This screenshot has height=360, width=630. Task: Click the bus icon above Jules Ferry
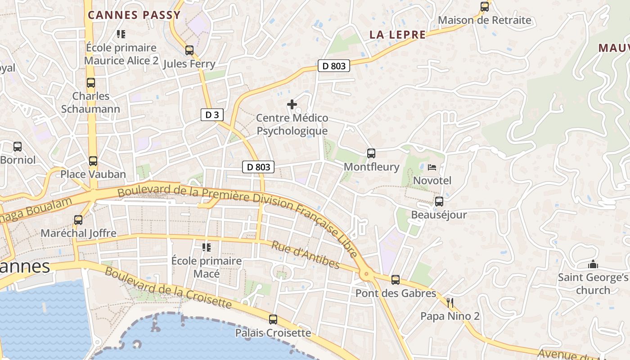click(x=189, y=50)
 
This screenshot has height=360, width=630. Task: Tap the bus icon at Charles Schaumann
click(x=91, y=83)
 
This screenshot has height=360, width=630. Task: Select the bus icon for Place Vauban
click(x=93, y=161)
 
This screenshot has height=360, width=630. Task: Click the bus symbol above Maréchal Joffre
click(x=78, y=220)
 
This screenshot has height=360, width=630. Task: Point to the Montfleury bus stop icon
click(x=371, y=153)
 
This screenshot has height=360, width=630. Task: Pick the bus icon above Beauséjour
click(x=439, y=201)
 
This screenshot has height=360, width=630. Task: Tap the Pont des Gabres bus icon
click(x=396, y=280)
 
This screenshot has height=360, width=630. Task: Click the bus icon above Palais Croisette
click(x=273, y=319)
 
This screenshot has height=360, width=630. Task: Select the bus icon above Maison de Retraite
click(x=485, y=7)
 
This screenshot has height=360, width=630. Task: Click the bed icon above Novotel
click(x=432, y=167)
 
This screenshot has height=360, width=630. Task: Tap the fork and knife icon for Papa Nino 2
click(x=450, y=303)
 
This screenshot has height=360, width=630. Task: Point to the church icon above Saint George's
click(x=593, y=264)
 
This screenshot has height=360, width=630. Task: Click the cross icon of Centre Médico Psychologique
click(x=292, y=105)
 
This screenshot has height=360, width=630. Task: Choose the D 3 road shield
click(x=212, y=115)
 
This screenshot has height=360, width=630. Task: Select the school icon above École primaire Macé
click(x=207, y=247)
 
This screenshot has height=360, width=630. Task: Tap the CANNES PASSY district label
click(x=134, y=15)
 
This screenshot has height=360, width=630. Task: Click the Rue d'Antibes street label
click(x=305, y=255)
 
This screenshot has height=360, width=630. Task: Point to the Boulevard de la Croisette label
click(x=168, y=288)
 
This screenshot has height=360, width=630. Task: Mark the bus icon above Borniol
click(x=18, y=146)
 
